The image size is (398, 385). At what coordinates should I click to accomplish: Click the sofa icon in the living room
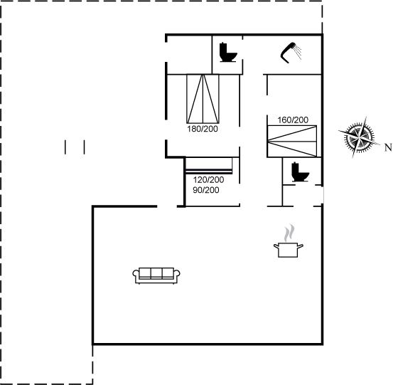pyautogui.click(x=156, y=275)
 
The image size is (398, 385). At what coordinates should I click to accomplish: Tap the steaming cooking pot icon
pyautogui.click(x=289, y=241)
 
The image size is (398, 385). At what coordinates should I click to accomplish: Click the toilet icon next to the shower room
pyautogui.click(x=227, y=53)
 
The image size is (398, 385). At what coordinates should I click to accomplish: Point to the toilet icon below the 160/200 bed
pyautogui.click(x=300, y=172)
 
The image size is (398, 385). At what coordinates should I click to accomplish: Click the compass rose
pyautogui.click(x=359, y=137)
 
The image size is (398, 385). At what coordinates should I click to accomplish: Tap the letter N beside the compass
pyautogui.click(x=388, y=147)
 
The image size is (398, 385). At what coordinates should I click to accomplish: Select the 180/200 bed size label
pyautogui.click(x=203, y=129)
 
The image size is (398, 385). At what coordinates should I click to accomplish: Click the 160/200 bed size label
pyautogui.click(x=293, y=120)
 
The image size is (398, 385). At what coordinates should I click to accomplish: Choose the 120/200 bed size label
pyautogui.click(x=208, y=180)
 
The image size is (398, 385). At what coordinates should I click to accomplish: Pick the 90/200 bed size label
pyautogui.click(x=206, y=190)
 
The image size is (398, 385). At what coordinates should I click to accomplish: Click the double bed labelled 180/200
pyautogui.click(x=203, y=99)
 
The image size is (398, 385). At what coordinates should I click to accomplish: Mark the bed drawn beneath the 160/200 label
pyautogui.click(x=292, y=141)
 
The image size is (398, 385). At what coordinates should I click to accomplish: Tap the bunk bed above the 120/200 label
pyautogui.click(x=209, y=166)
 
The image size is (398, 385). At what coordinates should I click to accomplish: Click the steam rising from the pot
pyautogui.click(x=289, y=233)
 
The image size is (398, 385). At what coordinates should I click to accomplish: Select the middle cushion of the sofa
pyautogui.click(x=156, y=273)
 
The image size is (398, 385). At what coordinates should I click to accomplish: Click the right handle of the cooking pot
pyautogui.click(x=301, y=246)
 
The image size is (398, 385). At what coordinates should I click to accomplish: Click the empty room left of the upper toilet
pyautogui.click(x=189, y=55)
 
